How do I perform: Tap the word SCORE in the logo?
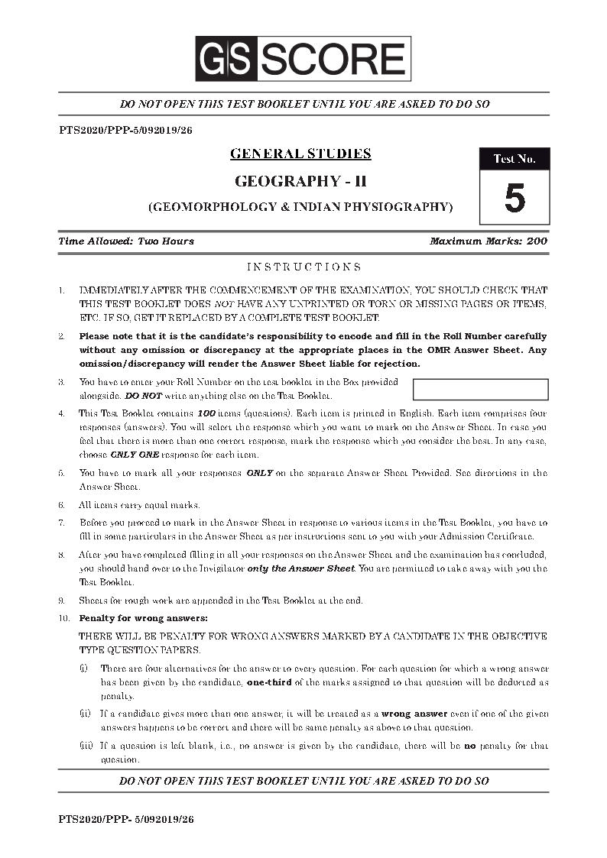point(332,59)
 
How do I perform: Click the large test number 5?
point(514,198)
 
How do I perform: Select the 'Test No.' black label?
point(514,159)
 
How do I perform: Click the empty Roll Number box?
point(480,389)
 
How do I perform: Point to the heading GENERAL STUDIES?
point(300,154)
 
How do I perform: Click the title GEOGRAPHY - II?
point(300,181)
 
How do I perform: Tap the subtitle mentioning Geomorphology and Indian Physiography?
point(300,206)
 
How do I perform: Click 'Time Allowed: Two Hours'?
point(126,241)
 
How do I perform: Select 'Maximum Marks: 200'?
point(489,241)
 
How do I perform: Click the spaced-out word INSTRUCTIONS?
point(303,267)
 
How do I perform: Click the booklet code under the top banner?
point(125,130)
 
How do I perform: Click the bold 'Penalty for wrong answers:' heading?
point(143,617)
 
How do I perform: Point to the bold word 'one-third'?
point(268,682)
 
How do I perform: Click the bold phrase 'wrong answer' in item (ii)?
point(413,714)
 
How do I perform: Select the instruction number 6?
point(61,505)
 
